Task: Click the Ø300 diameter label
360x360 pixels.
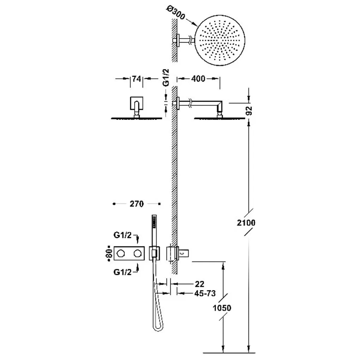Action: [x=176, y=12]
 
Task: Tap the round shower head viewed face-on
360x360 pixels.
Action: [x=220, y=40]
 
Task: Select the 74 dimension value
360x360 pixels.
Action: [x=136, y=79]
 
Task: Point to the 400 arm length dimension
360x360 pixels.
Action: [x=198, y=79]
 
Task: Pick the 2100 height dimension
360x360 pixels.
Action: [x=246, y=223]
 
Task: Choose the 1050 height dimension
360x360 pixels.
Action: [x=222, y=308]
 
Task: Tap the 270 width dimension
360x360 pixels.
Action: [x=137, y=204]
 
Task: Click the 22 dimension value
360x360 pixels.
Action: [x=199, y=284]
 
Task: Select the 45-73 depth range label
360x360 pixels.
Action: [x=205, y=293]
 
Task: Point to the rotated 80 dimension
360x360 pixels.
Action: [x=110, y=253]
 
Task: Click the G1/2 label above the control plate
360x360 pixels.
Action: [x=122, y=235]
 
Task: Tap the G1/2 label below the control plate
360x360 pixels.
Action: [x=122, y=272]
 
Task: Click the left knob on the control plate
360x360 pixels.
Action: [x=121, y=253]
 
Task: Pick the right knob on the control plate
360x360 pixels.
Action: [x=138, y=253]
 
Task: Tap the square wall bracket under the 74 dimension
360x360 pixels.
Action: [x=137, y=103]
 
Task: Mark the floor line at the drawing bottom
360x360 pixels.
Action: [x=229, y=353]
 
